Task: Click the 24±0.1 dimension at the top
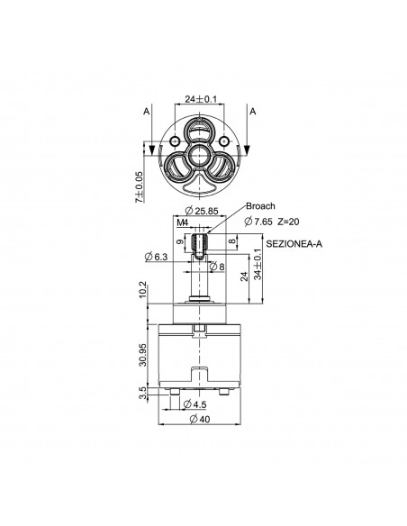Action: [201, 99]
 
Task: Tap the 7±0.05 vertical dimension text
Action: [139, 186]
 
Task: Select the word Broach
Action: [260, 206]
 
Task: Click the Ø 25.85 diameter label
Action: [202, 211]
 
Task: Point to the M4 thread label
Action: [183, 222]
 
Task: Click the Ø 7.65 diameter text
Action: [258, 222]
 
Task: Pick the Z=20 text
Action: [288, 222]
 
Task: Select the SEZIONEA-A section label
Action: [294, 244]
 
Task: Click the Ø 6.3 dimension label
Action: [156, 257]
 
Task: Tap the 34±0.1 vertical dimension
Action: [258, 264]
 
